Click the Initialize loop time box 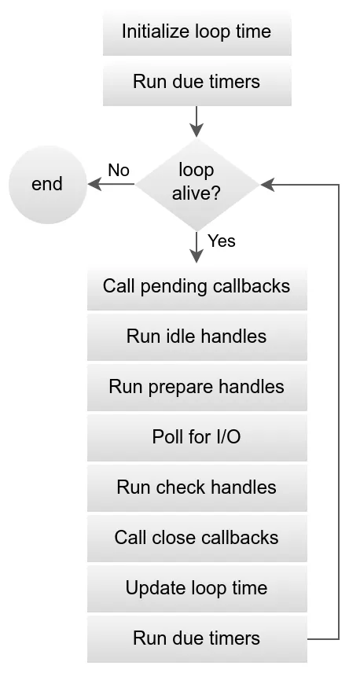pos(197,31)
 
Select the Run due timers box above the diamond pos(197,82)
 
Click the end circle pos(47,184)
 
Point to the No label pos(119,171)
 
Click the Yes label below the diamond pos(222,241)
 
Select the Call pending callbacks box pos(197,285)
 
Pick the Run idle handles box pos(197,336)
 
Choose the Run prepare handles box pos(197,387)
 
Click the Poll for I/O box pos(197,437)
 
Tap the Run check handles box pos(197,487)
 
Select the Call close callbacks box pos(197,538)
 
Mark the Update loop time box pos(197,588)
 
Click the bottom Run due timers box pos(197,638)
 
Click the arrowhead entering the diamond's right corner pos(267,185)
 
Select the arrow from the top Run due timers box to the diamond pos(197,120)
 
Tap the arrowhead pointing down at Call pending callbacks pos(197,256)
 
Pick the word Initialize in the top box pos(154,31)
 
